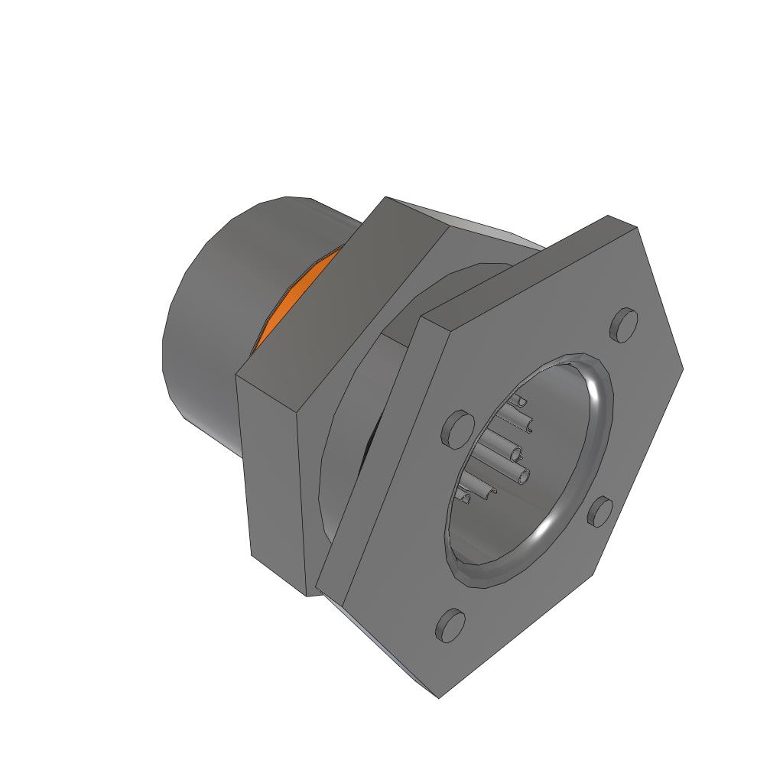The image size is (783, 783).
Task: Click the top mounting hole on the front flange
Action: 624,324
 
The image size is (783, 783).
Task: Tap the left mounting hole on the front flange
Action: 457,428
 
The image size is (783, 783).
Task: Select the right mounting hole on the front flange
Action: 601,511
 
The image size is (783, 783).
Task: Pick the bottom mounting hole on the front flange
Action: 450,625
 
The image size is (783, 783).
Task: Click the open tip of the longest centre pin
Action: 524,478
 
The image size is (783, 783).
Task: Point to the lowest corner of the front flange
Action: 439,696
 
